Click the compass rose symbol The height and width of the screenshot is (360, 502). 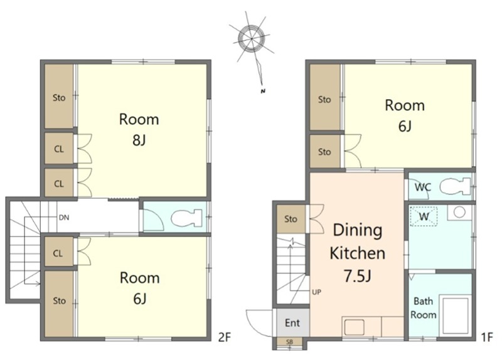(252, 39)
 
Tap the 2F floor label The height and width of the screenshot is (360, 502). (225, 337)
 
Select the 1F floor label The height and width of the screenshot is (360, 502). (487, 337)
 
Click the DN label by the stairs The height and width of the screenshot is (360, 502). (64, 218)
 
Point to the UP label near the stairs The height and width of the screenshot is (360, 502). (316, 292)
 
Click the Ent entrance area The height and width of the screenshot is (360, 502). (292, 322)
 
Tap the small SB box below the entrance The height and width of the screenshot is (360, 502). (289, 342)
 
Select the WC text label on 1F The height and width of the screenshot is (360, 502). (423, 187)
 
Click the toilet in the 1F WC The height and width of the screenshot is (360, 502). (454, 186)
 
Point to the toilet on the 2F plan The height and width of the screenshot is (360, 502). (186, 218)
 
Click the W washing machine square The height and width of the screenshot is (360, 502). (424, 216)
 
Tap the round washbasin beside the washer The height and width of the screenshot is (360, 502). (459, 213)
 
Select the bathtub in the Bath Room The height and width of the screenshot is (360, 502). (455, 316)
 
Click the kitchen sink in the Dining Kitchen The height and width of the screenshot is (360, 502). (354, 326)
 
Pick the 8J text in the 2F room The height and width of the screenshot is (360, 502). (139, 140)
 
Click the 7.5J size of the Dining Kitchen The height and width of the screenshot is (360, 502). (358, 276)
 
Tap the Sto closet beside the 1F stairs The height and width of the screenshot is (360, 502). (291, 220)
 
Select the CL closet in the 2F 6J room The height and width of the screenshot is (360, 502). (58, 254)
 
